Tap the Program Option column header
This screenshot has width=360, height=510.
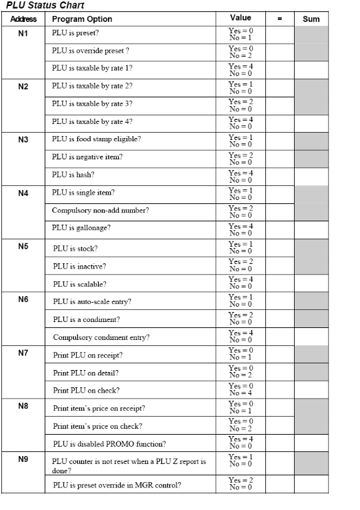pos(82,19)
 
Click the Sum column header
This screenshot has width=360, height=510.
pos(311,19)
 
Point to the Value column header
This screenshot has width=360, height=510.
pos(240,18)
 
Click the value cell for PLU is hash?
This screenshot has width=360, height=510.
pos(240,175)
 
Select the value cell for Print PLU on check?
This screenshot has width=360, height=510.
pos(240,389)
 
